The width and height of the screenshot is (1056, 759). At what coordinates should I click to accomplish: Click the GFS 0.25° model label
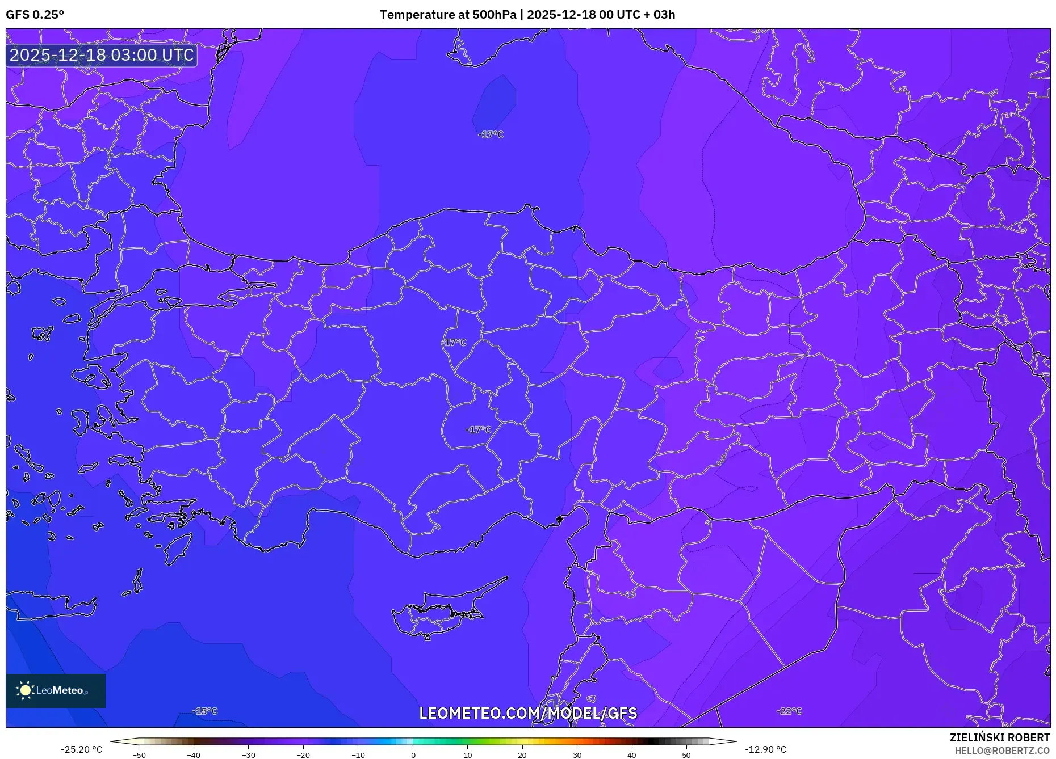35,15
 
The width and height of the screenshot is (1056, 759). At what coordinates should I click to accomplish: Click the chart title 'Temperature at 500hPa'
447,15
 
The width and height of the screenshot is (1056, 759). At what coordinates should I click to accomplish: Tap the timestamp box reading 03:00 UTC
102,55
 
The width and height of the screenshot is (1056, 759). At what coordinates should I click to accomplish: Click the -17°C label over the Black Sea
491,135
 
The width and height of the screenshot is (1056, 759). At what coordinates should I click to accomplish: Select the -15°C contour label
205,711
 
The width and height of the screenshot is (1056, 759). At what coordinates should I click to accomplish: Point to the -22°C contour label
790,711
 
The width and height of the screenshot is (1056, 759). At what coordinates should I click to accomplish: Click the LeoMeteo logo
56,690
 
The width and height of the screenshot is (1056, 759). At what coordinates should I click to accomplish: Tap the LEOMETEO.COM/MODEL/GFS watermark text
528,713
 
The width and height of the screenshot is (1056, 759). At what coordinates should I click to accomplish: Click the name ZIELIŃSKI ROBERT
999,737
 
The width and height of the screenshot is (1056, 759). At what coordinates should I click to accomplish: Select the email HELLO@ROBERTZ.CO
1002,750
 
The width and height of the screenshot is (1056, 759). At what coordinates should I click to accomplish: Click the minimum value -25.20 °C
82,749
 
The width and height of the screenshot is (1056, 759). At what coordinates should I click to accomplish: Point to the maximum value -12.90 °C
765,749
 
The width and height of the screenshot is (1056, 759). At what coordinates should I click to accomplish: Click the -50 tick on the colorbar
139,755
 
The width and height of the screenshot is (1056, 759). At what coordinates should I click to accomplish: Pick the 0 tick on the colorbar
413,755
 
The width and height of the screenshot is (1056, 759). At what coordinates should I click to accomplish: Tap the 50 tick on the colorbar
686,755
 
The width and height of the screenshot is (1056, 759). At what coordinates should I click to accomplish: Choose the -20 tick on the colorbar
303,755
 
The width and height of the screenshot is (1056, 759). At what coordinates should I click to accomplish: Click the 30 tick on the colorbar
577,755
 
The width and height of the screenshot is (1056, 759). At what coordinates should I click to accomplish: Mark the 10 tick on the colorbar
468,755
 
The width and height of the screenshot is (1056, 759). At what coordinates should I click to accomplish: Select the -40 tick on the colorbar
194,755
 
